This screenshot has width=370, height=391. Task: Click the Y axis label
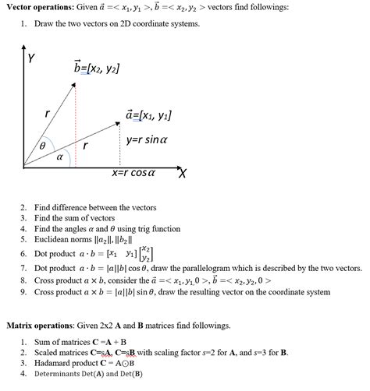[x=30, y=58]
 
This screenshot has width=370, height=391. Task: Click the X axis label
[x=183, y=173]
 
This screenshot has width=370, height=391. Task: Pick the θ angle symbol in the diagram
[x=43, y=145]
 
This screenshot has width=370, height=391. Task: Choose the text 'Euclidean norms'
[x=66, y=241]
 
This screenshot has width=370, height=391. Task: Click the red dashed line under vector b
[x=76, y=125]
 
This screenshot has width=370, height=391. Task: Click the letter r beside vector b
[x=48, y=114]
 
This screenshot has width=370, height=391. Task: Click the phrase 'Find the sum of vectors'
[x=74, y=218]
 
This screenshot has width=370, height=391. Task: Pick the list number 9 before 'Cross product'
[x=24, y=291]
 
